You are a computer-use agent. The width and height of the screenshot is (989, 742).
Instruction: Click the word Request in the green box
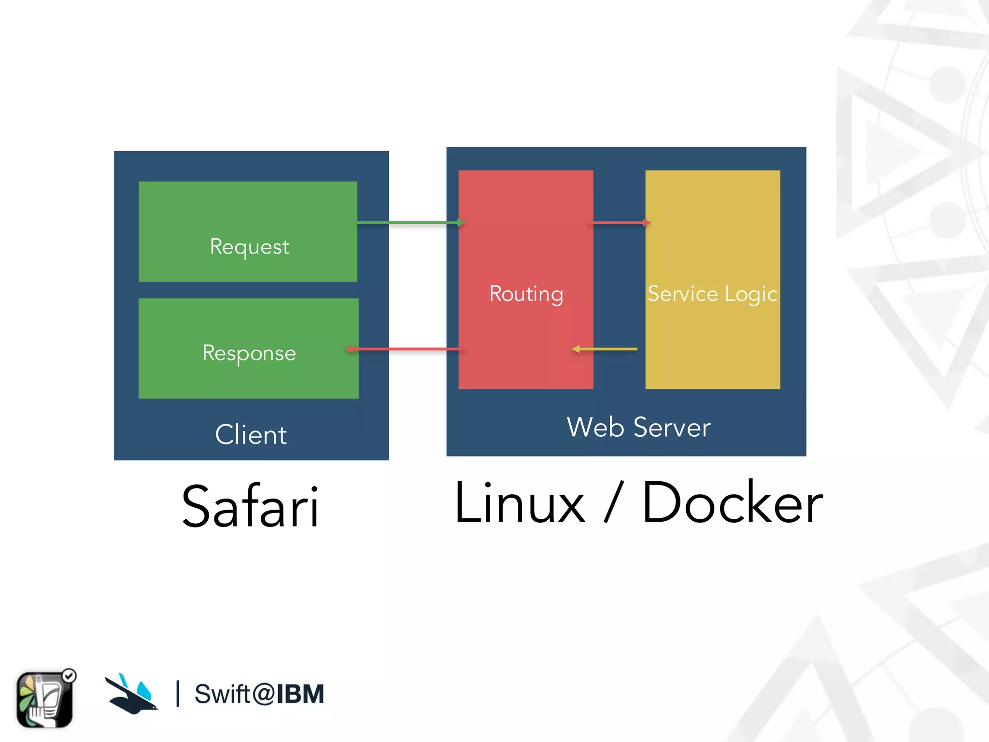point(249,247)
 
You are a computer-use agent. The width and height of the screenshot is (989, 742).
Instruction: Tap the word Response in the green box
point(249,353)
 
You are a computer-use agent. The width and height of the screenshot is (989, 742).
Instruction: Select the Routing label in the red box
point(526,294)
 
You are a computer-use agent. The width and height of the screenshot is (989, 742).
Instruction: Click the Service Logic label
point(712,294)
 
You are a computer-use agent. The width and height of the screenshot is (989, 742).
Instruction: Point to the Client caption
point(251,434)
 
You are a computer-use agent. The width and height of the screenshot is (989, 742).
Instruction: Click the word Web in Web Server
point(595,427)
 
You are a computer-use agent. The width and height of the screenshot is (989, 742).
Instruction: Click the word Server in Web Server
point(672,427)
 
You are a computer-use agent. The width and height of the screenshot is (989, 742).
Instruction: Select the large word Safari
point(250,506)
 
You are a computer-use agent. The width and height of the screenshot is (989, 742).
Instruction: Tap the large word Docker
point(732,503)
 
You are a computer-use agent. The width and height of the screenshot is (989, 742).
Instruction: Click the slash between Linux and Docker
point(614,502)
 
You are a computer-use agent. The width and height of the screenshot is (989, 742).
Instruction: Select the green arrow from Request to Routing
point(410,223)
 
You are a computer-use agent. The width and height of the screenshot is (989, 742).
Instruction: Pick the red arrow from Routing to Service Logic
point(621,223)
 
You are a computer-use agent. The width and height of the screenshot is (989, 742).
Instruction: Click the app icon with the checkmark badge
point(45,699)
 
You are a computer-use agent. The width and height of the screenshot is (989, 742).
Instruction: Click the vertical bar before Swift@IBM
point(178,694)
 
